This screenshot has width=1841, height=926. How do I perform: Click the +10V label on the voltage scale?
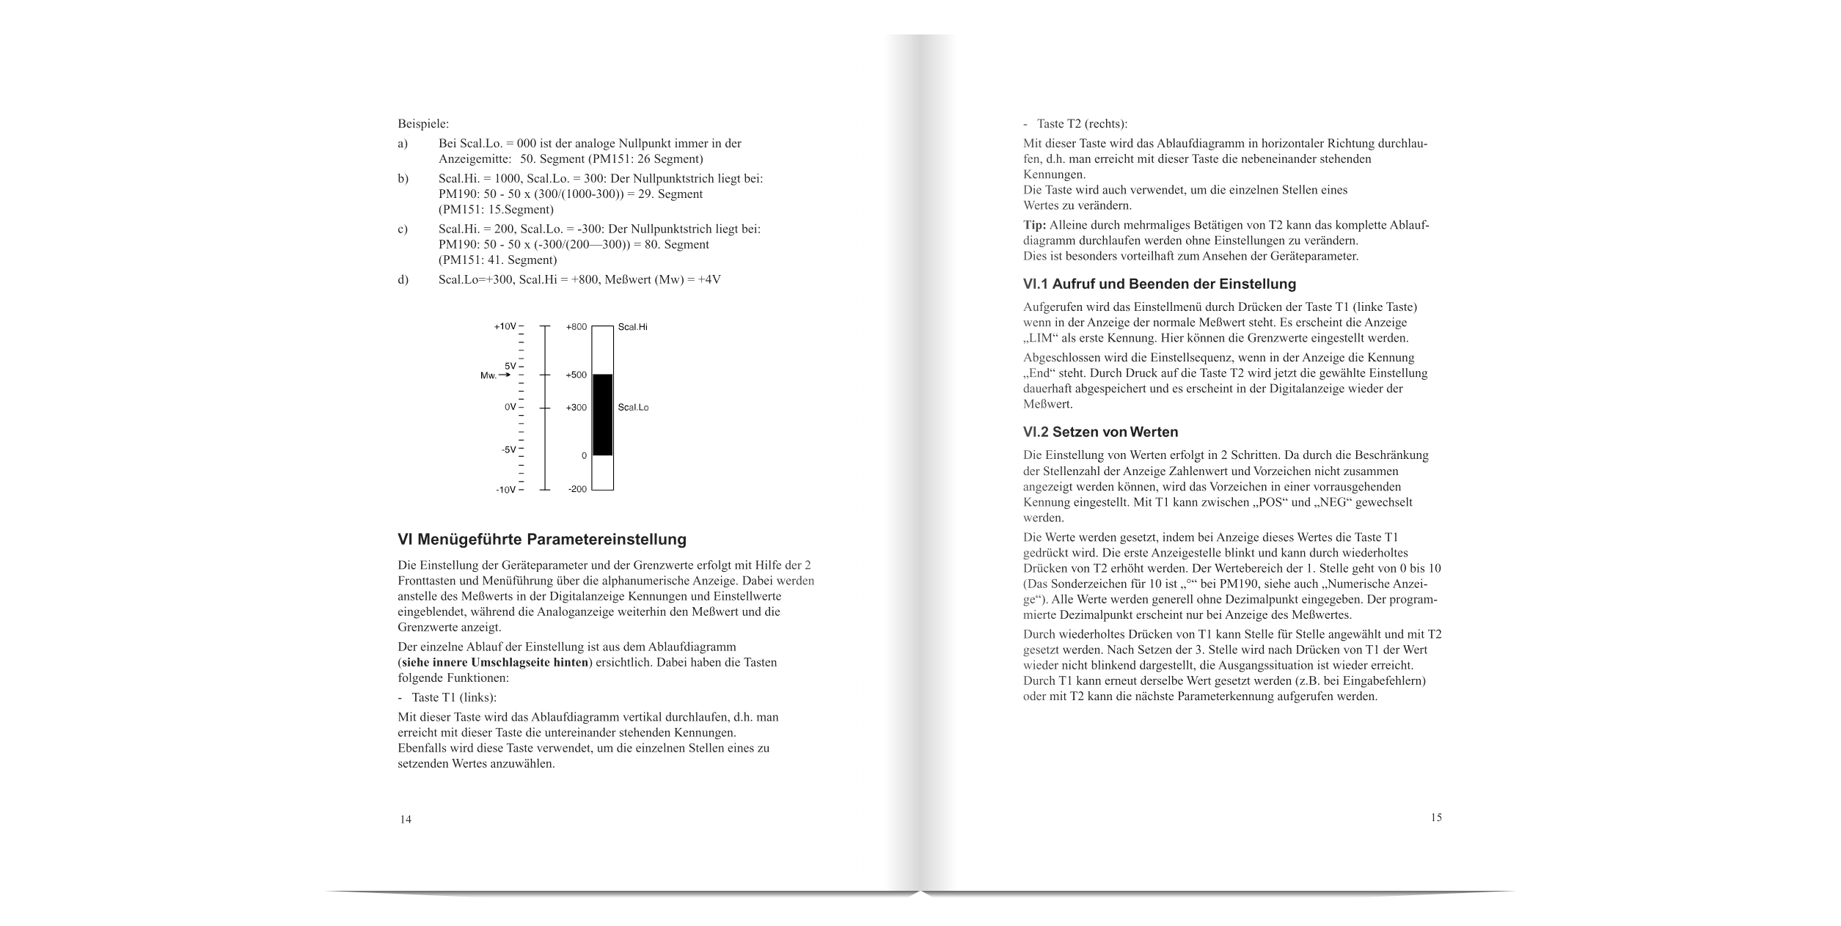click(x=505, y=327)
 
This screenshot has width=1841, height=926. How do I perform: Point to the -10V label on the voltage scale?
click(x=506, y=490)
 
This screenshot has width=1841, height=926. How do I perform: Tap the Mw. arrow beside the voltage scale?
click(x=495, y=375)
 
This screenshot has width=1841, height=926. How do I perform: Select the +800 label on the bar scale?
click(x=577, y=327)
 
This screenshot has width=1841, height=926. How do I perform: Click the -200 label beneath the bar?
click(x=577, y=489)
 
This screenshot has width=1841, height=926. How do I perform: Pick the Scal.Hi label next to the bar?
click(x=632, y=327)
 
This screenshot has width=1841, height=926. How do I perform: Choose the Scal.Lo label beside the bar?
click(x=633, y=408)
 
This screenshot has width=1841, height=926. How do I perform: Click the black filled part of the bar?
click(x=602, y=414)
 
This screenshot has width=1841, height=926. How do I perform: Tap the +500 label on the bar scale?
click(x=577, y=375)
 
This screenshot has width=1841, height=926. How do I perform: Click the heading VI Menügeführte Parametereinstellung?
click(x=542, y=540)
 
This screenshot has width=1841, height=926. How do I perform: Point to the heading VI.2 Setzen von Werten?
click(x=1100, y=432)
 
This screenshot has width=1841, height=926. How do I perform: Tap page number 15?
click(x=1436, y=817)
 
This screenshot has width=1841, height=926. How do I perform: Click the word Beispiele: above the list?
click(x=423, y=123)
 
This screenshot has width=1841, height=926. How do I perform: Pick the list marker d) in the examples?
click(x=403, y=279)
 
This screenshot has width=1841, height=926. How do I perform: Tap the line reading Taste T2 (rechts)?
click(x=1081, y=124)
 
